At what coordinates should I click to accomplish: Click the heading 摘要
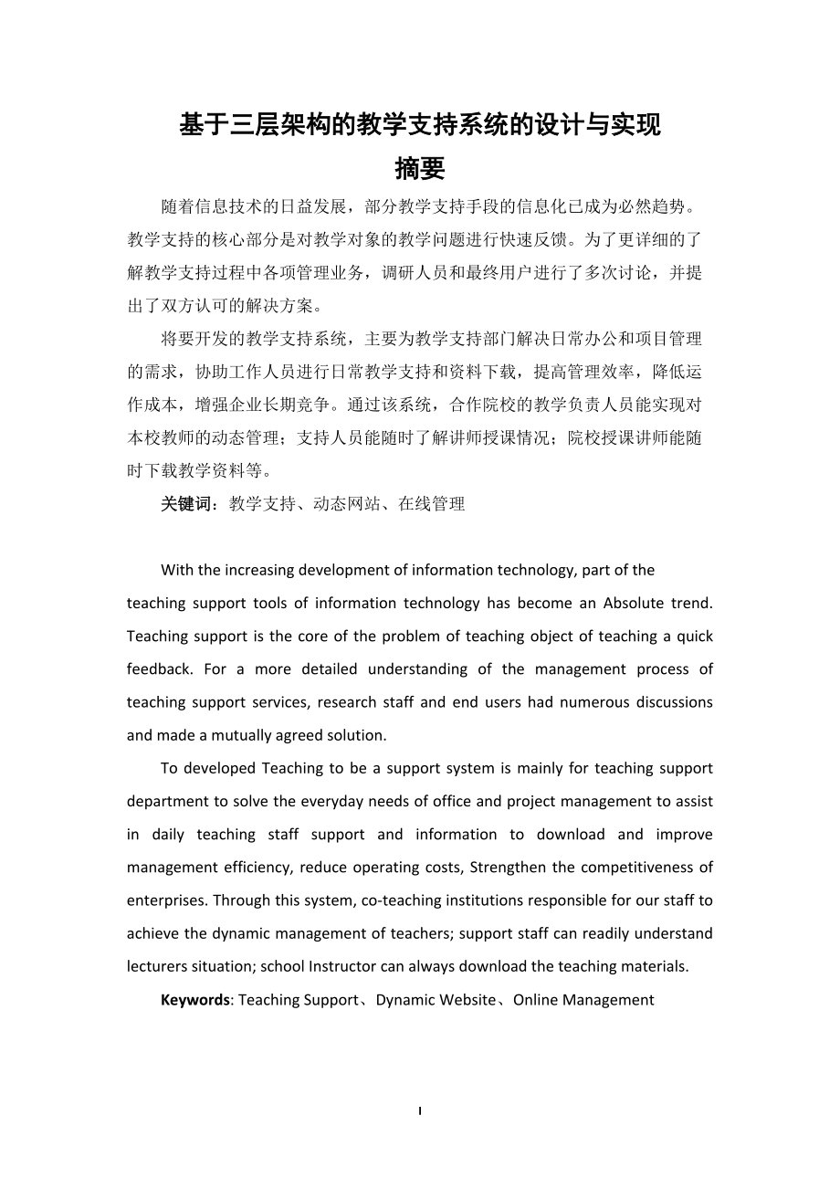coord(419,169)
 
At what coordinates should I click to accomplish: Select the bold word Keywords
coord(194,1000)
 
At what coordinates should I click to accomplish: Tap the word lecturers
coord(157,966)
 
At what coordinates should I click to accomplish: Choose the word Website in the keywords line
coord(463,1000)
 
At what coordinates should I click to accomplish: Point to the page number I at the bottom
coord(419,1110)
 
